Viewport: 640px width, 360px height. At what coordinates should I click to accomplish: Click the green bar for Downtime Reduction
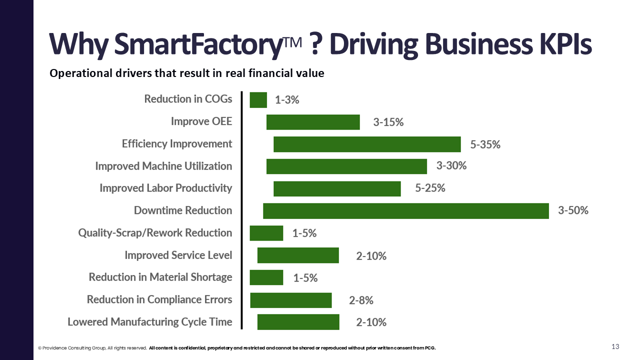(406, 210)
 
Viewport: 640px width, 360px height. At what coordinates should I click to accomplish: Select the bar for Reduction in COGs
(258, 100)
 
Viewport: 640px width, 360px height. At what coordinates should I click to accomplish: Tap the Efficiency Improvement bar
(367, 144)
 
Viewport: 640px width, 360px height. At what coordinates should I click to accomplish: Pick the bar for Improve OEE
(313, 122)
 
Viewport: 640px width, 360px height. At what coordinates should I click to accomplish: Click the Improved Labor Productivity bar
(337, 188)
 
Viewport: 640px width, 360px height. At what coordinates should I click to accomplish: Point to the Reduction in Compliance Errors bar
(291, 300)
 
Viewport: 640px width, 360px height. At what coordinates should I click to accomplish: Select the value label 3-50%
(573, 210)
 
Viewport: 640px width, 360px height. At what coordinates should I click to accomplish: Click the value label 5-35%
(485, 145)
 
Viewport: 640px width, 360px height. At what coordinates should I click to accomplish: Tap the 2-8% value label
(361, 300)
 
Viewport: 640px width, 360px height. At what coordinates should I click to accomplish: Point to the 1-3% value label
(287, 100)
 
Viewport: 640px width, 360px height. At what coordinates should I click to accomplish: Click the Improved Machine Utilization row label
(163, 166)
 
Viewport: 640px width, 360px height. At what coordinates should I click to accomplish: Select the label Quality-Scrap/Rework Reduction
(155, 233)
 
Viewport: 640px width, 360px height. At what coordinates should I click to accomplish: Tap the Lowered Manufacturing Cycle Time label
(149, 321)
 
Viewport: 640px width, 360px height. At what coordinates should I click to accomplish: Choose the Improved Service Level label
(178, 255)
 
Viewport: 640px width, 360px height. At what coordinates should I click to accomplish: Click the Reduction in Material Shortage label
(160, 277)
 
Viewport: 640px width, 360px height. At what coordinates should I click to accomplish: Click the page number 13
(615, 347)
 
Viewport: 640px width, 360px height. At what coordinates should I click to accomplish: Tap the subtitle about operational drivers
(186, 73)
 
